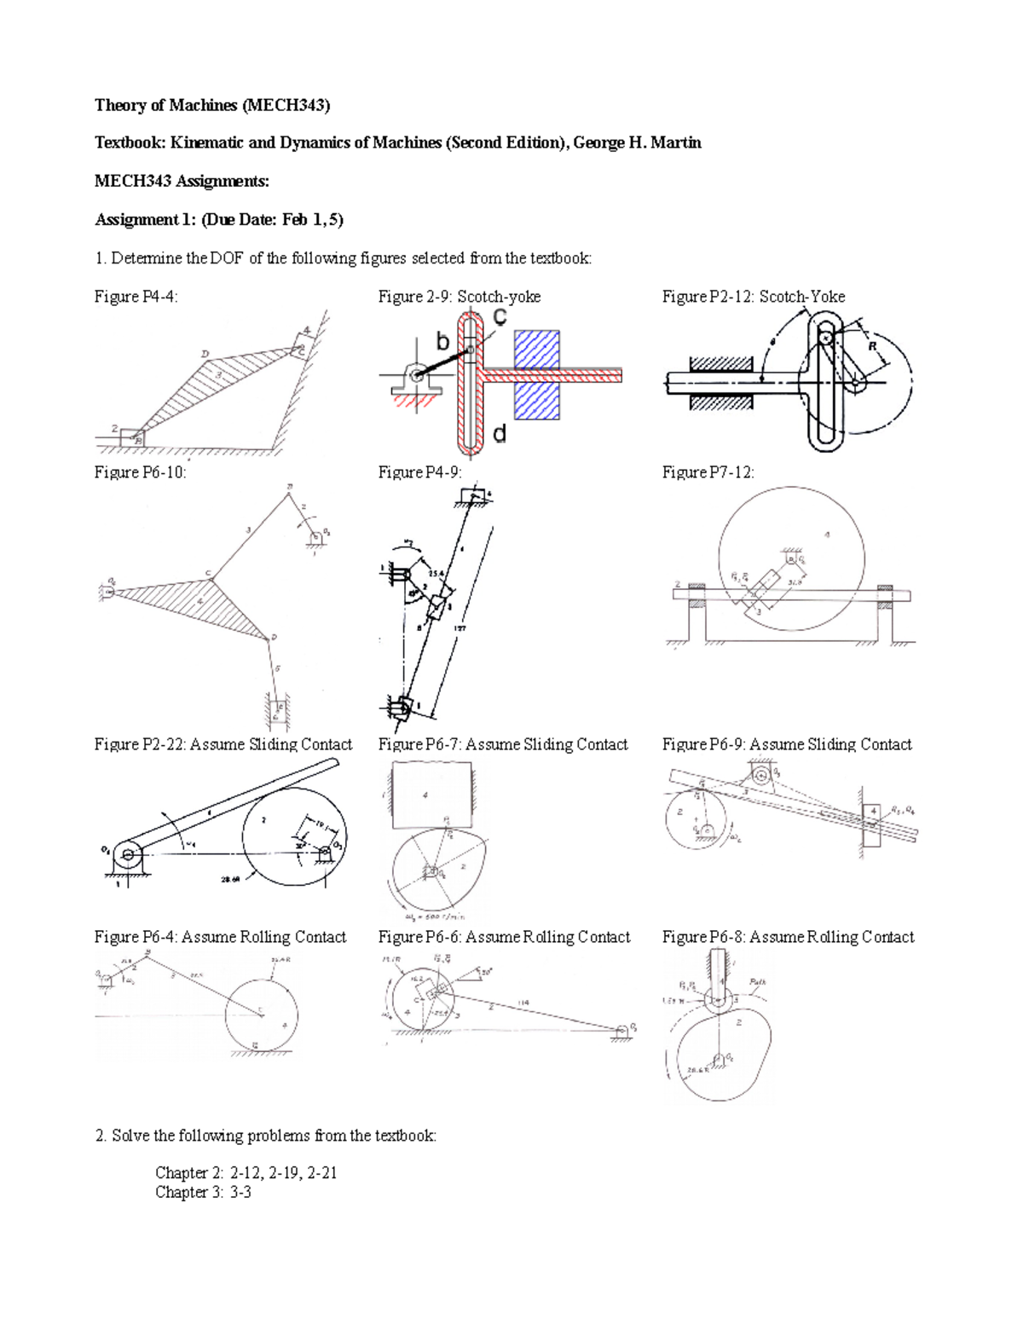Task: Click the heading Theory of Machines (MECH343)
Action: (x=211, y=105)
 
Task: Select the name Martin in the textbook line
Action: (x=675, y=142)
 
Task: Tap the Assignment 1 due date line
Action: (x=219, y=219)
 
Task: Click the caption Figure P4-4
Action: (x=136, y=297)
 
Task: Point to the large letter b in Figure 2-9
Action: (x=442, y=342)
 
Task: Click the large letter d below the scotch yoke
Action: (x=500, y=434)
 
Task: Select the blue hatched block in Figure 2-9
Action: (x=536, y=375)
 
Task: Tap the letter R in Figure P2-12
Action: (x=872, y=346)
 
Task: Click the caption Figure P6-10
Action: (x=140, y=472)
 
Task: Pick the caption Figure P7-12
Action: (x=708, y=472)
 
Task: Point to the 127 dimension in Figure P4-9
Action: (x=461, y=629)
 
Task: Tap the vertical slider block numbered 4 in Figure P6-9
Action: (x=871, y=824)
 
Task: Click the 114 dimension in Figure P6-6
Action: (x=523, y=1003)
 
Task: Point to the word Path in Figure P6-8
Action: (x=758, y=981)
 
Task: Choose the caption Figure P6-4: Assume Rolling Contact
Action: (x=220, y=937)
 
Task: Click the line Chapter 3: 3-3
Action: (x=203, y=1192)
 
